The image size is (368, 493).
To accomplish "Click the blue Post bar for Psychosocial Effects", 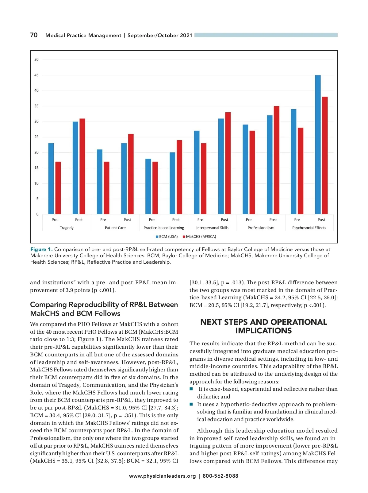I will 318,145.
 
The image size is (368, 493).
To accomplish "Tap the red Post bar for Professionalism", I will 276,160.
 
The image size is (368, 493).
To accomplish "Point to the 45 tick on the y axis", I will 36,75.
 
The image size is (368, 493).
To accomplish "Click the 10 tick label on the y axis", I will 36,184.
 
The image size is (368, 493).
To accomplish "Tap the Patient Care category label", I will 115,228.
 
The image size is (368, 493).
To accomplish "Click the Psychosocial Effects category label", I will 309,228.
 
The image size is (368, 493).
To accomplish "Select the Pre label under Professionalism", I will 249,220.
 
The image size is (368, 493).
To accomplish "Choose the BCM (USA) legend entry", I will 167,237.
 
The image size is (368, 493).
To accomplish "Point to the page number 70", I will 34,35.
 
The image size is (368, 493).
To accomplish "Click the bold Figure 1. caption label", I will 41,250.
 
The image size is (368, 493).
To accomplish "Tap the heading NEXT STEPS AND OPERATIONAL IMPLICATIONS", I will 263,326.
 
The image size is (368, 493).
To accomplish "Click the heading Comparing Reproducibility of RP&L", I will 104,309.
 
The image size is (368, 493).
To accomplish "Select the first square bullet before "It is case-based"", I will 191,389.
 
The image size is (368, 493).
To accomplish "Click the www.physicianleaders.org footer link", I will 162,476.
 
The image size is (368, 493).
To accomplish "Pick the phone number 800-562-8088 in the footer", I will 220,476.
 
